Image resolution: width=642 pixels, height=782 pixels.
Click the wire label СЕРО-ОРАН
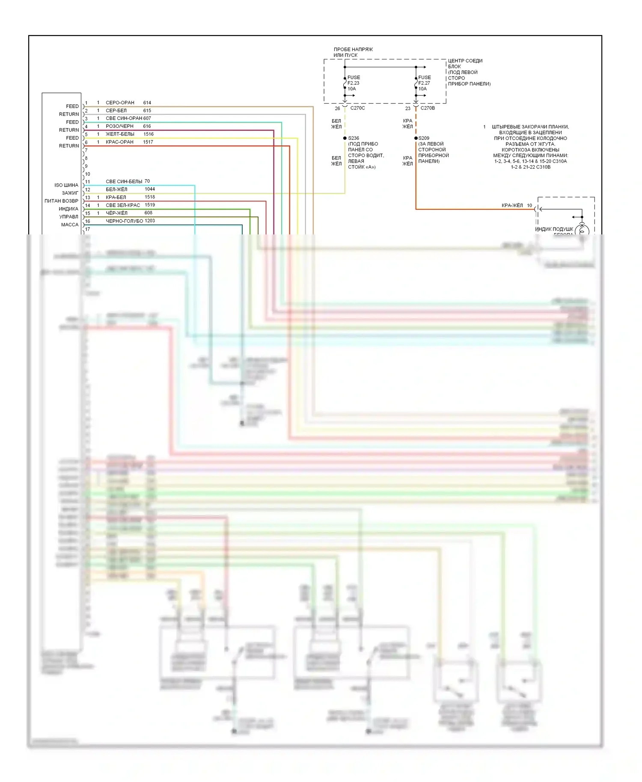point(120,103)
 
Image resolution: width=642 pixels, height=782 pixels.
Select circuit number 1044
point(150,189)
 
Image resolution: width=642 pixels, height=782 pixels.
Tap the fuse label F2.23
point(353,83)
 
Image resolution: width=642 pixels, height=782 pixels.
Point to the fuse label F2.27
point(424,83)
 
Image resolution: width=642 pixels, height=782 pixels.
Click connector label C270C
point(357,108)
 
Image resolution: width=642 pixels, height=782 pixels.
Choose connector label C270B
point(428,108)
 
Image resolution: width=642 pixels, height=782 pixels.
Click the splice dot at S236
point(345,138)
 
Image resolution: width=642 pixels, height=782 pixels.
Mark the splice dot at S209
point(416,138)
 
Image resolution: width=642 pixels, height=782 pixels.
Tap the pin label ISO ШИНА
point(66,185)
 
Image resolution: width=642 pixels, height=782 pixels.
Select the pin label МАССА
point(70,225)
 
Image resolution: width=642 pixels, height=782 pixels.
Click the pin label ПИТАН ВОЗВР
point(61,201)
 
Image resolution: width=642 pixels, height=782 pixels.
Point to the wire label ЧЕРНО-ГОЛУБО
point(125,221)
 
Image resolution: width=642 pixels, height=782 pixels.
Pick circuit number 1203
point(150,221)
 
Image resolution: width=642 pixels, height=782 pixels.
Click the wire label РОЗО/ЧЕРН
point(119,126)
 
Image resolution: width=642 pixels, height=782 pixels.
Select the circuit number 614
point(147,103)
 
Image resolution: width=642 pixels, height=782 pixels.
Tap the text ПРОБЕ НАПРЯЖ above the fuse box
point(353,50)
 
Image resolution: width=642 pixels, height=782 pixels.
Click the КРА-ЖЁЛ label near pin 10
point(512,206)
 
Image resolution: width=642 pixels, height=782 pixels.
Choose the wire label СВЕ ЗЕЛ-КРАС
point(123,205)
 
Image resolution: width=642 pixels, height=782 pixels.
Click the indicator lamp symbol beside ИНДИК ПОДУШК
point(582,230)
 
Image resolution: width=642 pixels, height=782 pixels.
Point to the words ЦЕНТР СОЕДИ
point(465,61)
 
